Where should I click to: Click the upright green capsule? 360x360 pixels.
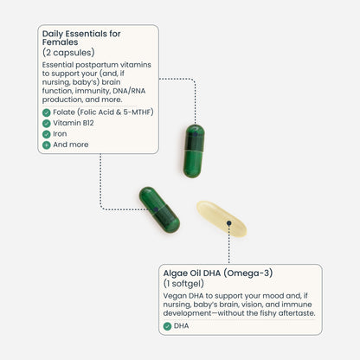pyautogui.click(x=194, y=151)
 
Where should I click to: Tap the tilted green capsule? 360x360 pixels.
pyautogui.click(x=159, y=209)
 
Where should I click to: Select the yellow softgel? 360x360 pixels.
pyautogui.click(x=222, y=219)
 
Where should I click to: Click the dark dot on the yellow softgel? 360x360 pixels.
pyautogui.click(x=228, y=223)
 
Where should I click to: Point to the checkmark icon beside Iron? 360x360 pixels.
pyautogui.click(x=46, y=134)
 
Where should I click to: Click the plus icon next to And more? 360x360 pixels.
pyautogui.click(x=46, y=145)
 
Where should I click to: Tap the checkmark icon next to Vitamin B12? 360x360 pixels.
pyautogui.click(x=46, y=124)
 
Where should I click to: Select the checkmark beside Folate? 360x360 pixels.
pyautogui.click(x=46, y=112)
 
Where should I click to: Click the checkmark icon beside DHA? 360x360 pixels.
pyautogui.click(x=167, y=326)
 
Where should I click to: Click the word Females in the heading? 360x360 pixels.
pyautogui.click(x=60, y=42)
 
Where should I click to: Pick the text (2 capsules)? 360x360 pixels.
pyautogui.click(x=68, y=53)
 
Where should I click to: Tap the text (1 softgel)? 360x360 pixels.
pyautogui.click(x=183, y=284)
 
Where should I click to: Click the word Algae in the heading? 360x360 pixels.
pyautogui.click(x=175, y=273)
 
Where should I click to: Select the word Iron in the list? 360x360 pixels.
pyautogui.click(x=60, y=134)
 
